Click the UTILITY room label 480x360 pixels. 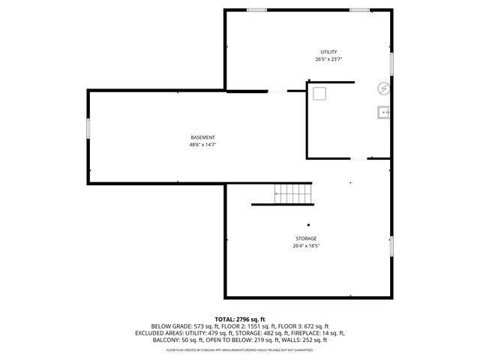(328, 51)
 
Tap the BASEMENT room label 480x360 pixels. (202, 137)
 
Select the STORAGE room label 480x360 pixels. (305, 238)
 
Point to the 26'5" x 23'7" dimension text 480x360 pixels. (328, 59)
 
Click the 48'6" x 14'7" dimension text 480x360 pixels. (202, 145)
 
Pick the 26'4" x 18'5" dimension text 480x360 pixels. (305, 246)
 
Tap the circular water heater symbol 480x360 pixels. (383, 88)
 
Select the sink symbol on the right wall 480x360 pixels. (384, 112)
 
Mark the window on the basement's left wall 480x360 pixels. (88, 128)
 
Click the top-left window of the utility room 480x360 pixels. (257, 10)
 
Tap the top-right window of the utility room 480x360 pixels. (359, 10)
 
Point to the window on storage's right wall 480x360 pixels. (391, 245)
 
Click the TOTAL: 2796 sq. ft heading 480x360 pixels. (239, 319)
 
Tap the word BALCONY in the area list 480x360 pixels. (167, 340)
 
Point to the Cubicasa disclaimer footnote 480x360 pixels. (239, 349)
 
